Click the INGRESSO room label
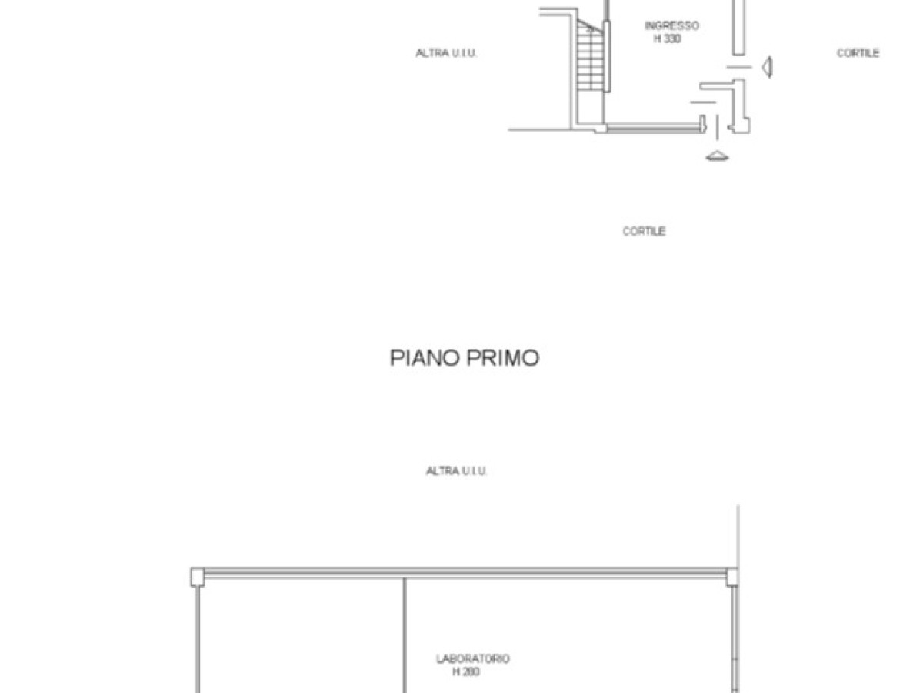click(671, 25)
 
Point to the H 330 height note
click(667, 38)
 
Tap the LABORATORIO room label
click(472, 658)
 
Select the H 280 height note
click(466, 671)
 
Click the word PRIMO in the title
click(502, 357)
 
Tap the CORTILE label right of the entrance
click(858, 53)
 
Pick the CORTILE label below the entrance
click(644, 232)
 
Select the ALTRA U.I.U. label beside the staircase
click(446, 53)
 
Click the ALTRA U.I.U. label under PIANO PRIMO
click(457, 470)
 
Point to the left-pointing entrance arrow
click(768, 67)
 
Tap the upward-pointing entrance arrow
click(717, 156)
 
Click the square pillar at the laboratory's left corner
click(198, 577)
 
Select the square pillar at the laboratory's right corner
click(731, 577)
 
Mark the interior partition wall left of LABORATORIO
click(405, 635)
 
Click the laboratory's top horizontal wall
click(465, 573)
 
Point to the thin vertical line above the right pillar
click(738, 537)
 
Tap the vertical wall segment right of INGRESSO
click(739, 28)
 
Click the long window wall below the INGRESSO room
click(655, 127)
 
